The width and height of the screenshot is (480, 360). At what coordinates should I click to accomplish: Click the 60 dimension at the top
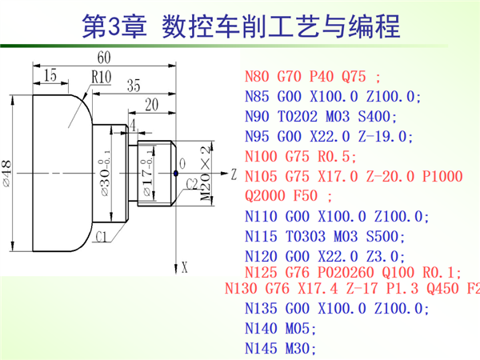104,58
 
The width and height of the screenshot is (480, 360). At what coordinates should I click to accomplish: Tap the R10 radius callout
102,78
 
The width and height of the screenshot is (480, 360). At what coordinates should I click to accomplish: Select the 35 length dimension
133,85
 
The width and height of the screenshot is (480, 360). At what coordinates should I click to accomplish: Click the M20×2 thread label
206,171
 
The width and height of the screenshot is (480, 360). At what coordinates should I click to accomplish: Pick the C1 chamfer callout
102,238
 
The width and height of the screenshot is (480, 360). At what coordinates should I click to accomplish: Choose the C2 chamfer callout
191,184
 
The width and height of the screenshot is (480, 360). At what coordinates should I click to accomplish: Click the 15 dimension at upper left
50,75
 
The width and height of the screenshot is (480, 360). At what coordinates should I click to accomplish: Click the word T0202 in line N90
301,117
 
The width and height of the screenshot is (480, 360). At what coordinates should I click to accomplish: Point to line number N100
261,156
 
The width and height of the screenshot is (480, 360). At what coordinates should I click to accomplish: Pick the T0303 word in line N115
301,237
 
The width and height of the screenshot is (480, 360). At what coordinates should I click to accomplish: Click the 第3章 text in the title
118,26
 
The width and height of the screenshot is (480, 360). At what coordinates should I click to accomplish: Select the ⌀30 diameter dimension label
105,171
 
